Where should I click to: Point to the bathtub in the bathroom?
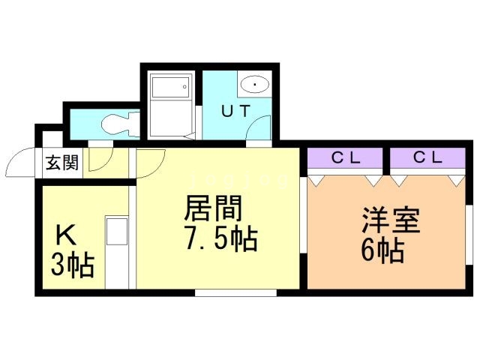(172, 105)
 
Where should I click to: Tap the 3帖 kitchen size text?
(72, 265)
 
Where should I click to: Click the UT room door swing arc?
(258, 128)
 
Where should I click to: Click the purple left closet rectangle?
(346, 158)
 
